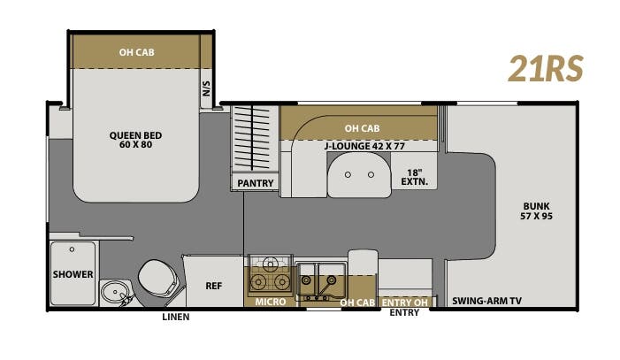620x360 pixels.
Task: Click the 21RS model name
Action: (x=545, y=67)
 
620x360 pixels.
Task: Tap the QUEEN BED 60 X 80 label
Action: (x=135, y=140)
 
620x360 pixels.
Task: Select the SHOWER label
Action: (x=73, y=274)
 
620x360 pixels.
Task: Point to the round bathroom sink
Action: (x=112, y=291)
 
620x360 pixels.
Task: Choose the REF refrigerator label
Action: (x=213, y=286)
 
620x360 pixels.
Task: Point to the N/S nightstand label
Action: (x=207, y=88)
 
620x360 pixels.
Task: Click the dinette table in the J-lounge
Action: (x=358, y=175)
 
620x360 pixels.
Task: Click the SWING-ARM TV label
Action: (x=486, y=302)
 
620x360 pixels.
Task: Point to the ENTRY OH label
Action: (x=404, y=302)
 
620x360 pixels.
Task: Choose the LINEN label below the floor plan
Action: (x=174, y=317)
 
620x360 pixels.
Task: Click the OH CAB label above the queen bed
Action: (x=137, y=51)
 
